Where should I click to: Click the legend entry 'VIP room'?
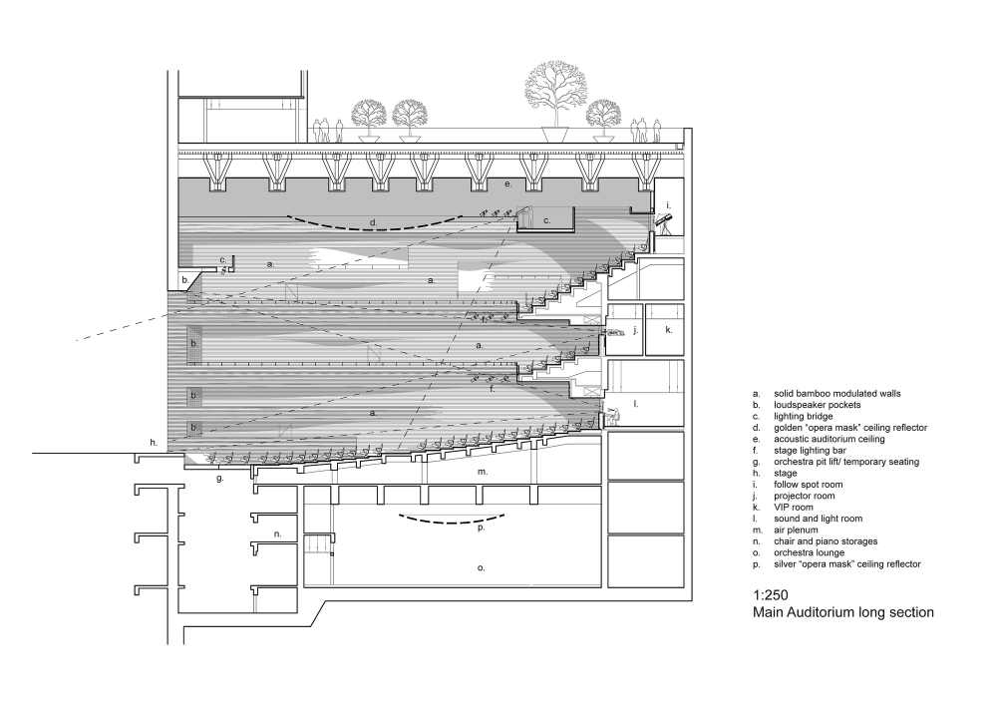[793, 508]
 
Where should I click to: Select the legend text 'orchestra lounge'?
[809, 553]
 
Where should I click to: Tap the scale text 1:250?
[770, 595]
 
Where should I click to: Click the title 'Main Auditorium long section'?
[843, 613]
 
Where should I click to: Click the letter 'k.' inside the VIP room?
[668, 330]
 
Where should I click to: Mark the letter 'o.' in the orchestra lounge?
[482, 567]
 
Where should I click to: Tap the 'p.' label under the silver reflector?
[482, 528]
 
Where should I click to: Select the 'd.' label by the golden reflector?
[374, 222]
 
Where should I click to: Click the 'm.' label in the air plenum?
[482, 472]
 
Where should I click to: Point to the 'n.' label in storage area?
[278, 534]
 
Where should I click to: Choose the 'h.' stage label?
[154, 443]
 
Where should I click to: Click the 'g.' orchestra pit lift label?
[220, 478]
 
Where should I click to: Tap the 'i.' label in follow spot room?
[668, 205]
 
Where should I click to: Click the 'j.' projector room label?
[636, 330]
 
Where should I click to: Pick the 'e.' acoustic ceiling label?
[508, 183]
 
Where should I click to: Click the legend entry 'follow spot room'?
[809, 485]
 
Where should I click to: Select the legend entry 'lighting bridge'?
[803, 417]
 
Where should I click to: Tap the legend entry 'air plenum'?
[796, 530]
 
